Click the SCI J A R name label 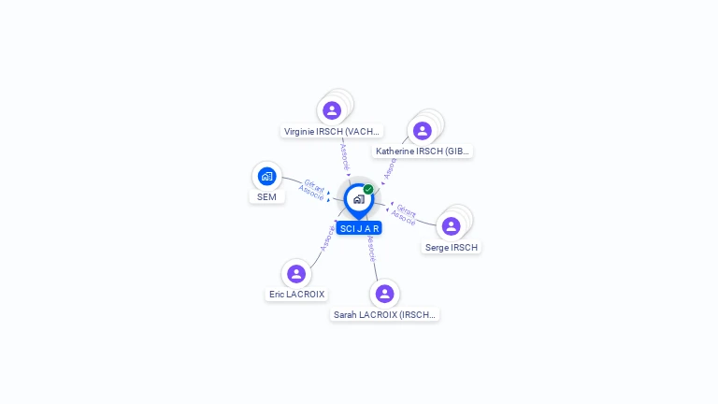pos(359,228)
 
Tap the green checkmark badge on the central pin pos(368,190)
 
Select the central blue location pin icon pos(358,199)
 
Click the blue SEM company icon pos(266,176)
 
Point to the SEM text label pos(266,197)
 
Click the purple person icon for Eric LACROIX pos(296,273)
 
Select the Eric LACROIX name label pos(296,294)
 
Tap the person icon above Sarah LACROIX pos(384,294)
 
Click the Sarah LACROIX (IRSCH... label pos(384,315)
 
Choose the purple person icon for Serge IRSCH pos(451,226)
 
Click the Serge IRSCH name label pos(451,248)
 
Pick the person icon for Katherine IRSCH pos(422,131)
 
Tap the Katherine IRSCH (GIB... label pos(422,151)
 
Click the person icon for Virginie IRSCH pos(332,110)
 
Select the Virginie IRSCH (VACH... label pos(332,132)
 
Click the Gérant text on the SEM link pos(315,184)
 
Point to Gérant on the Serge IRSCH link pos(407,211)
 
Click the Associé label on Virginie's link pos(345,155)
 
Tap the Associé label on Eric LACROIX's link pos(326,238)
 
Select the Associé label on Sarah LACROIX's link pos(372,248)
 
